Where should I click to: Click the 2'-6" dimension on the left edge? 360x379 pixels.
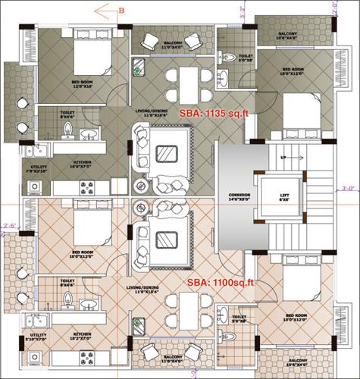coord(9,225)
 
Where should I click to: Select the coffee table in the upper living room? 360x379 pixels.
coord(166,152)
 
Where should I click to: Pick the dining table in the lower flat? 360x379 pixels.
coord(183,309)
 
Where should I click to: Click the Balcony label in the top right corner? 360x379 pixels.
coord(286,35)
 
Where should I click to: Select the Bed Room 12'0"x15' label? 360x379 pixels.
coord(82,84)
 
